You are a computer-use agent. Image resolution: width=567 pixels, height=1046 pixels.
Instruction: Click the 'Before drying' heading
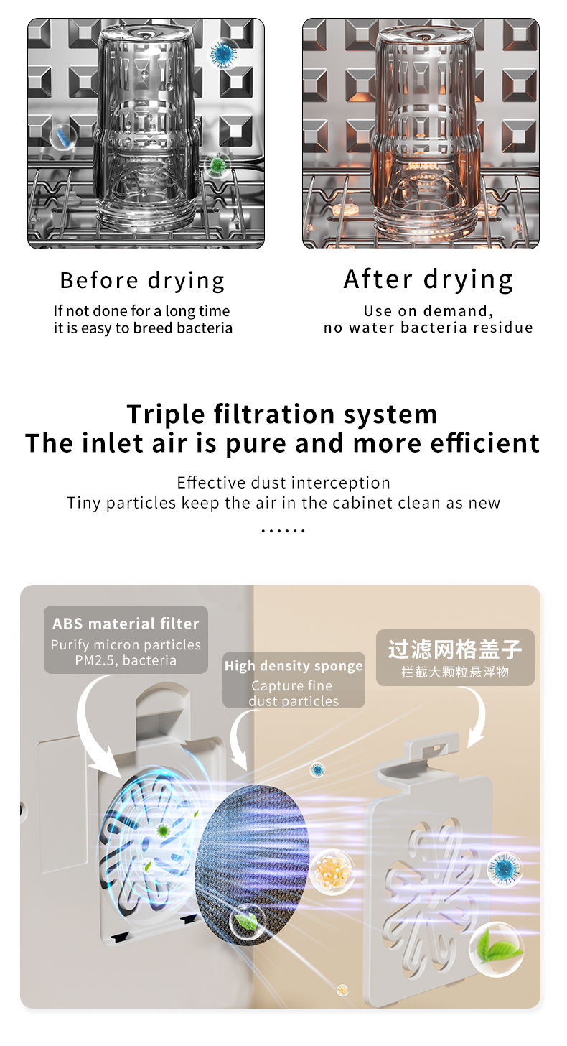pos(142,281)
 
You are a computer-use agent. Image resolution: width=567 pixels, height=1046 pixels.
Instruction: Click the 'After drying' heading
pos(428,279)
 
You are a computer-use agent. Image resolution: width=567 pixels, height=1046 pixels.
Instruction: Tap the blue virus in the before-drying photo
pos(223,54)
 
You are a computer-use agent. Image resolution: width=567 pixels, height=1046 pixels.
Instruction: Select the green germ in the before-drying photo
pos(217,165)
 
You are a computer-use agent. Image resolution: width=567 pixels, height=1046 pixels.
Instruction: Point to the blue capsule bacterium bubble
pos(62,136)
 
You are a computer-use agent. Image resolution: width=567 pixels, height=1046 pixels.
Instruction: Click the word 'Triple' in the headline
pos(166,415)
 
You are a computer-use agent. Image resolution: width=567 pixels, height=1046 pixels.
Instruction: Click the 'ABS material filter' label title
pos(126,624)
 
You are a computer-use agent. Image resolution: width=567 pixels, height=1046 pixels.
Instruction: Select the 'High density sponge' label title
pos(294,666)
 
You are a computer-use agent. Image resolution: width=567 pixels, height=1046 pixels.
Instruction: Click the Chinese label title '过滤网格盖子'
pos(455,649)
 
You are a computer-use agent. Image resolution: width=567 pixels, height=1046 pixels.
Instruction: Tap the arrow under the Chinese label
pos(481,714)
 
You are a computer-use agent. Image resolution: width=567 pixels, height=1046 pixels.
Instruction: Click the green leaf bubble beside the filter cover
pos(497,949)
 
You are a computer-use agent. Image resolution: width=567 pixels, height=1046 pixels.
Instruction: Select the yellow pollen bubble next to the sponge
pos(332,872)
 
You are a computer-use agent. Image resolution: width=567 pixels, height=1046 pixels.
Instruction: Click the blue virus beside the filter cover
pos(505,869)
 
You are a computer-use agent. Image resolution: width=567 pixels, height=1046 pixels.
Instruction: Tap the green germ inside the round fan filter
pos(163,830)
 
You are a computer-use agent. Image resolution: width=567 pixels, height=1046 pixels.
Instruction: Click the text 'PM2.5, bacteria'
pos(126,660)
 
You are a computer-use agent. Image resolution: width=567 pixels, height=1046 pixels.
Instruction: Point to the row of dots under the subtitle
pos(283,530)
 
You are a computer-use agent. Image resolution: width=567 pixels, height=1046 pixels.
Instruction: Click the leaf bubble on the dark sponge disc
pos(248,922)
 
